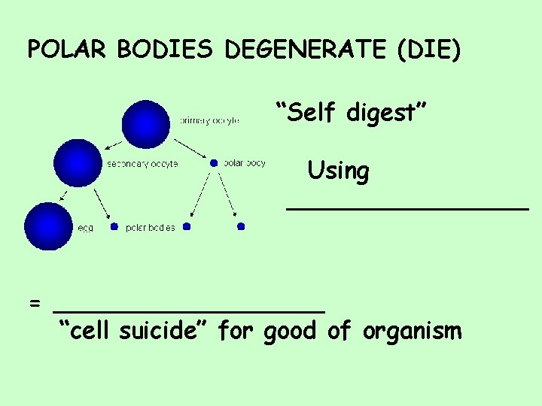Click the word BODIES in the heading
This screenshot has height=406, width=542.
[x=166, y=50]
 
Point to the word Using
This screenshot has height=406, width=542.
[x=338, y=171]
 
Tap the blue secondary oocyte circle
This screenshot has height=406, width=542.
[x=78, y=163]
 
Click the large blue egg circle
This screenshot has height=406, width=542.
[x=47, y=226]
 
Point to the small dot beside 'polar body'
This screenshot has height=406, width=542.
[x=214, y=162]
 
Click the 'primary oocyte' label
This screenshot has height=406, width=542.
[x=209, y=121]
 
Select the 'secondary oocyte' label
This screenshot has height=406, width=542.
[x=142, y=164]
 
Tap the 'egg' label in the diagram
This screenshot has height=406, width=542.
[x=84, y=227]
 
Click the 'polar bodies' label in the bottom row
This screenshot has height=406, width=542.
[x=151, y=227]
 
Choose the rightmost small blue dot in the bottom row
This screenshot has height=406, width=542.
[x=241, y=226]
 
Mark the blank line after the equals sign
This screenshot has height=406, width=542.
[x=188, y=308]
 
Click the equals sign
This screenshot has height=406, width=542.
[x=35, y=304]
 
